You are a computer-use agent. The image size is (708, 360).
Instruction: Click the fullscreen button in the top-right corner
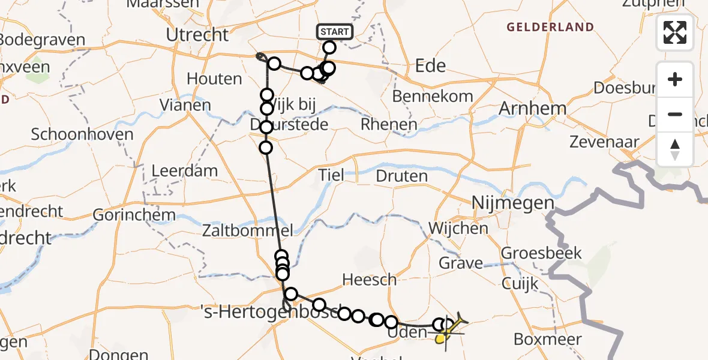pos(675,32)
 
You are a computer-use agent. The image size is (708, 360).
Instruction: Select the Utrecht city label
pos(197,35)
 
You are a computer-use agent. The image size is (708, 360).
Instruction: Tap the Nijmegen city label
pos(513,203)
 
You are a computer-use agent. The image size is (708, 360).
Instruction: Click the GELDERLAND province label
pos(550,27)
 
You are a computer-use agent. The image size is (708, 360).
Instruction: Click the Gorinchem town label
pos(134,215)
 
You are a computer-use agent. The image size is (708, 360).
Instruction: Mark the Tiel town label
pos(332,175)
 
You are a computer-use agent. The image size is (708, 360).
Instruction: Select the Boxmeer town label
pos(548,339)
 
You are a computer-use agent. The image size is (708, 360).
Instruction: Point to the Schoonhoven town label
pos(82,134)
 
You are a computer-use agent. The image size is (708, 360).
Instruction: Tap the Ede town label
pos(430,65)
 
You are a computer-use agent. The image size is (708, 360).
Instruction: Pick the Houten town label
pos(214,79)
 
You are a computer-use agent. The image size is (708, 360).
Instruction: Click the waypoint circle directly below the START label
pos(329,47)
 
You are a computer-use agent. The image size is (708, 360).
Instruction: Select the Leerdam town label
pos(185,170)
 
